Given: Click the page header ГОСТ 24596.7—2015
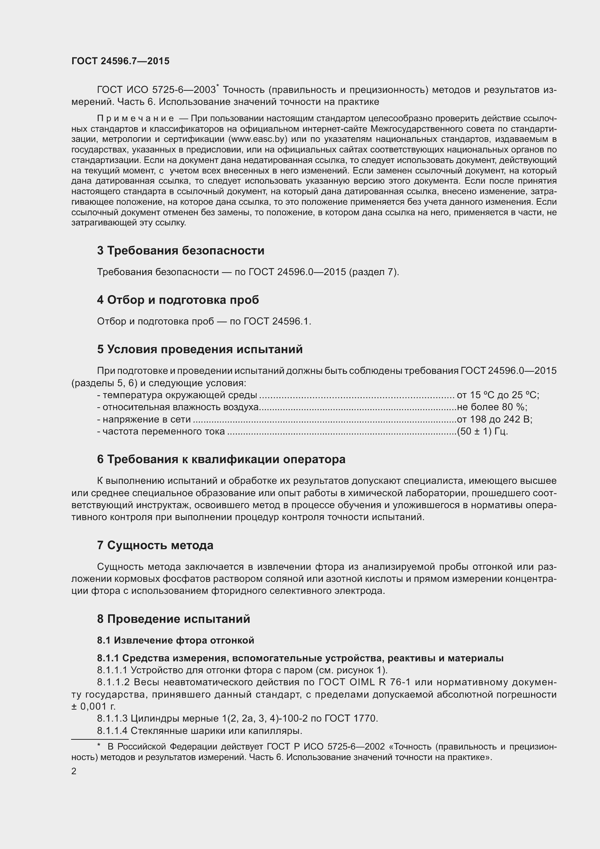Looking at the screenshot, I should tap(120, 61).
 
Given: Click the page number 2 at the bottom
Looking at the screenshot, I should tap(74, 772).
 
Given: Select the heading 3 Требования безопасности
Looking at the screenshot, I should tap(181, 251).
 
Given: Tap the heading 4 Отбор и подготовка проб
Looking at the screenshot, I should tap(178, 300).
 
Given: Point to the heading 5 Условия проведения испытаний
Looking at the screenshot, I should tap(200, 349).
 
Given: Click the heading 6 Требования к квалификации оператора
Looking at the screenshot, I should tap(221, 459).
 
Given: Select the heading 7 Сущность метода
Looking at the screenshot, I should tap(155, 546).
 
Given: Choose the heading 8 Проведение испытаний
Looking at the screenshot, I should tap(174, 619).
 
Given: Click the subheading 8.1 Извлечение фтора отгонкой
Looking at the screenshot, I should tap(176, 640).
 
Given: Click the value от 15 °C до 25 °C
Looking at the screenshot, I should tap(498, 395).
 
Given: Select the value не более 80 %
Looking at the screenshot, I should tap(492, 408).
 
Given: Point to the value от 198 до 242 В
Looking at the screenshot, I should tap(494, 419).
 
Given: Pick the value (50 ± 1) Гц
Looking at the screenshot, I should tap(482, 432).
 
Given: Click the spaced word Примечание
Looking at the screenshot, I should tap(135, 118).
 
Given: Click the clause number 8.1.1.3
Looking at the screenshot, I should tap(112, 718).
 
